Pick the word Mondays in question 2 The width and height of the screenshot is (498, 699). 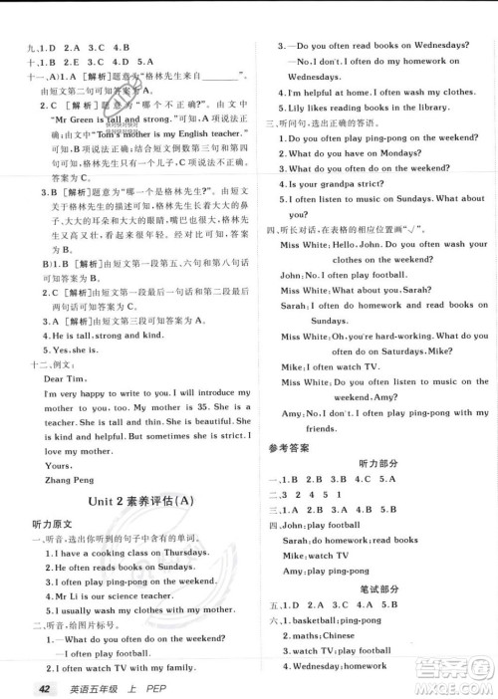(403, 152)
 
